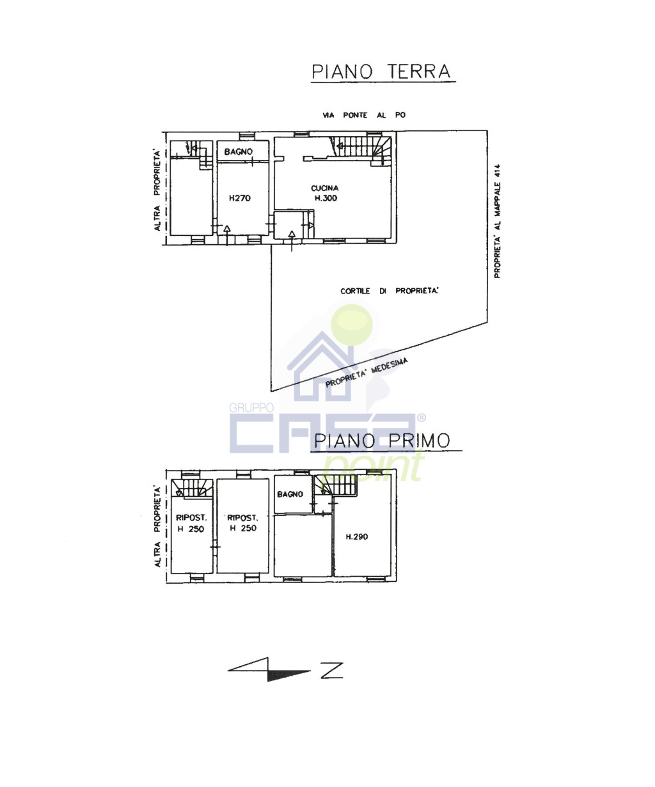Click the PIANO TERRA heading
tap(381, 72)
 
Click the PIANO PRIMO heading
tap(383, 440)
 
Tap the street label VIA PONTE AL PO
tap(364, 115)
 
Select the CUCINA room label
tap(325, 188)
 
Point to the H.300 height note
tap(326, 198)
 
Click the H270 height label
tap(240, 198)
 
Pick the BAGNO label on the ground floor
tap(239, 152)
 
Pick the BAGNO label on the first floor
tap(290, 494)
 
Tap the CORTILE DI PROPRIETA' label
tap(390, 291)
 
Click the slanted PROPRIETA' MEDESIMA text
tap(367, 373)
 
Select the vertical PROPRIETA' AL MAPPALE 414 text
tap(497, 221)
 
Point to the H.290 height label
tap(357, 537)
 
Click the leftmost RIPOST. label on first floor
tap(191, 518)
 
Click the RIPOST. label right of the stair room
tap(243, 518)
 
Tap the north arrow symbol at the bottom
tap(285, 670)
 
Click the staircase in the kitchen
tap(361, 150)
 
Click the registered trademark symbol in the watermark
tap(421, 417)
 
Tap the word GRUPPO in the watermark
tap(251, 407)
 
